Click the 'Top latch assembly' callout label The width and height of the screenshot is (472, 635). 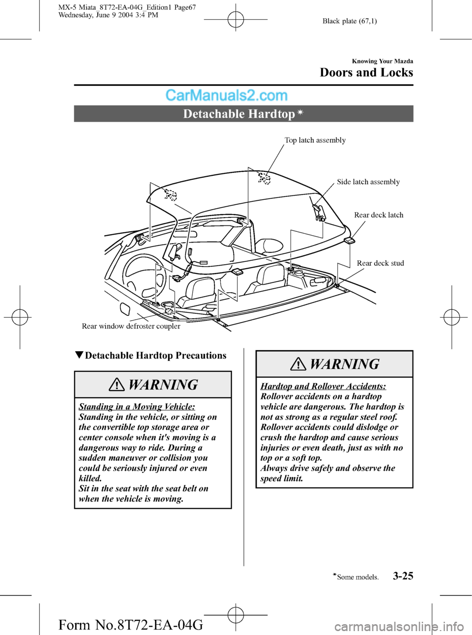(315, 140)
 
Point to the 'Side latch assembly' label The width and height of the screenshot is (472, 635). (368, 182)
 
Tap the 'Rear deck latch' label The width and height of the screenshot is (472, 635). (379, 215)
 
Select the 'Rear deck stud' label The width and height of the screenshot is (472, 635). (380, 263)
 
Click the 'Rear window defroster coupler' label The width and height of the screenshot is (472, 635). (131, 326)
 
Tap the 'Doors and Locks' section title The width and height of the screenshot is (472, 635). (366, 73)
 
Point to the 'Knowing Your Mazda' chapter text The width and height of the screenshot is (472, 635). (383, 61)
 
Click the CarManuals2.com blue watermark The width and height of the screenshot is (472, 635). (226, 95)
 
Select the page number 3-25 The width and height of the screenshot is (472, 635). (403, 576)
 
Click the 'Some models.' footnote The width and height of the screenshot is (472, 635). (357, 578)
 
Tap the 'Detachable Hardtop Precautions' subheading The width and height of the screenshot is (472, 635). (155, 356)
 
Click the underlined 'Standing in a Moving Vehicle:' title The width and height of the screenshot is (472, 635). (137, 407)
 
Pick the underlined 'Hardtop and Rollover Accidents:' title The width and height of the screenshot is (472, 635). (323, 387)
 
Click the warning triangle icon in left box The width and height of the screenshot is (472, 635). (117, 385)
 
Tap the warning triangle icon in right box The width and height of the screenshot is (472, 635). (298, 364)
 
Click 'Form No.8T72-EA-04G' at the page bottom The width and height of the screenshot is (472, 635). (130, 625)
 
